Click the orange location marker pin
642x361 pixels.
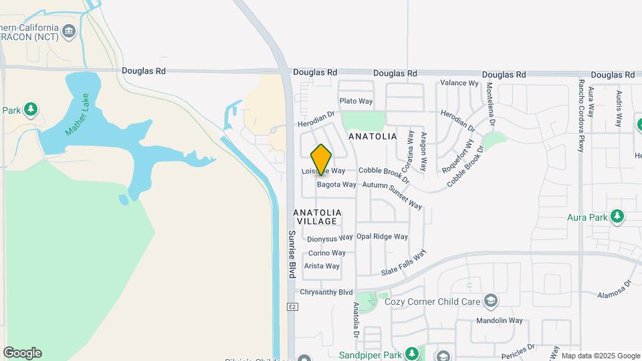321,159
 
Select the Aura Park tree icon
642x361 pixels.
617,216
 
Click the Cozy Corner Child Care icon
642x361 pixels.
492,301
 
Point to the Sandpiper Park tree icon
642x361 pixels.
413,354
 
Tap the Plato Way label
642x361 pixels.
356,101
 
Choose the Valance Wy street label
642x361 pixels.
459,84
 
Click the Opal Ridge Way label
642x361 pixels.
382,237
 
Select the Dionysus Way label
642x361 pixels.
330,238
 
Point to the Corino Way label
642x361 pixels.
327,253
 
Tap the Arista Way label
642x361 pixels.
322,266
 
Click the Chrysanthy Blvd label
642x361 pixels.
326,292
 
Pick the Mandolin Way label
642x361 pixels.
499,321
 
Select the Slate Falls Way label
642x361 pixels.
404,263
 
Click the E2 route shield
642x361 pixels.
292,307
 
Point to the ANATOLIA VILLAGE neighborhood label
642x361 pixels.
318,217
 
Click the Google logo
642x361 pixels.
22,353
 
